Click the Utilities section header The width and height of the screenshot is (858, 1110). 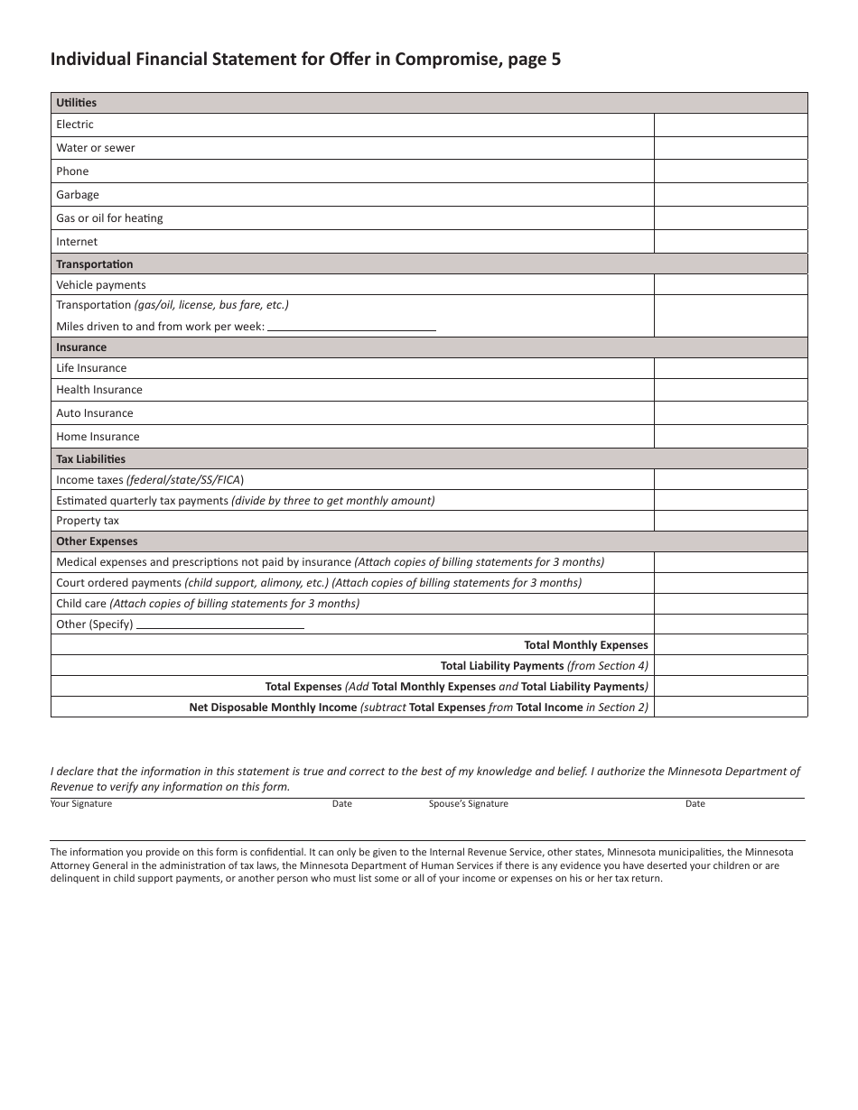click(77, 103)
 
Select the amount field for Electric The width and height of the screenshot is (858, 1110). click(730, 125)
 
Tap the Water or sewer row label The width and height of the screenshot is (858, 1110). click(96, 148)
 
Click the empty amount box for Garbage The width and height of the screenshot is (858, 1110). click(730, 195)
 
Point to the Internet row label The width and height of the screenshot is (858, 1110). click(77, 242)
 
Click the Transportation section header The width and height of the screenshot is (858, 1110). click(95, 264)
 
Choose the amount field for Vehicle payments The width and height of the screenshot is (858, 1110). click(730, 285)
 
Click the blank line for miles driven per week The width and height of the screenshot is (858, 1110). click(351, 327)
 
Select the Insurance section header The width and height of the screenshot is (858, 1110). click(81, 347)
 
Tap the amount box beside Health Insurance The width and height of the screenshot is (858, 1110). click(730, 390)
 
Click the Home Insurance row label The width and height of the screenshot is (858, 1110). click(98, 437)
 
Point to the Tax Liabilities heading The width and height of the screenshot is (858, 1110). click(91, 459)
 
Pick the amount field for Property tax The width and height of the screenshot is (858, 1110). click(730, 521)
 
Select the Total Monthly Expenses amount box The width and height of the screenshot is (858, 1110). click(730, 645)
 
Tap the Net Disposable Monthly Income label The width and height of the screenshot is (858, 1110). click(273, 708)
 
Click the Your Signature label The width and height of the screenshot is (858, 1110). click(81, 804)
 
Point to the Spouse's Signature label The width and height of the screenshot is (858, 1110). click(468, 804)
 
